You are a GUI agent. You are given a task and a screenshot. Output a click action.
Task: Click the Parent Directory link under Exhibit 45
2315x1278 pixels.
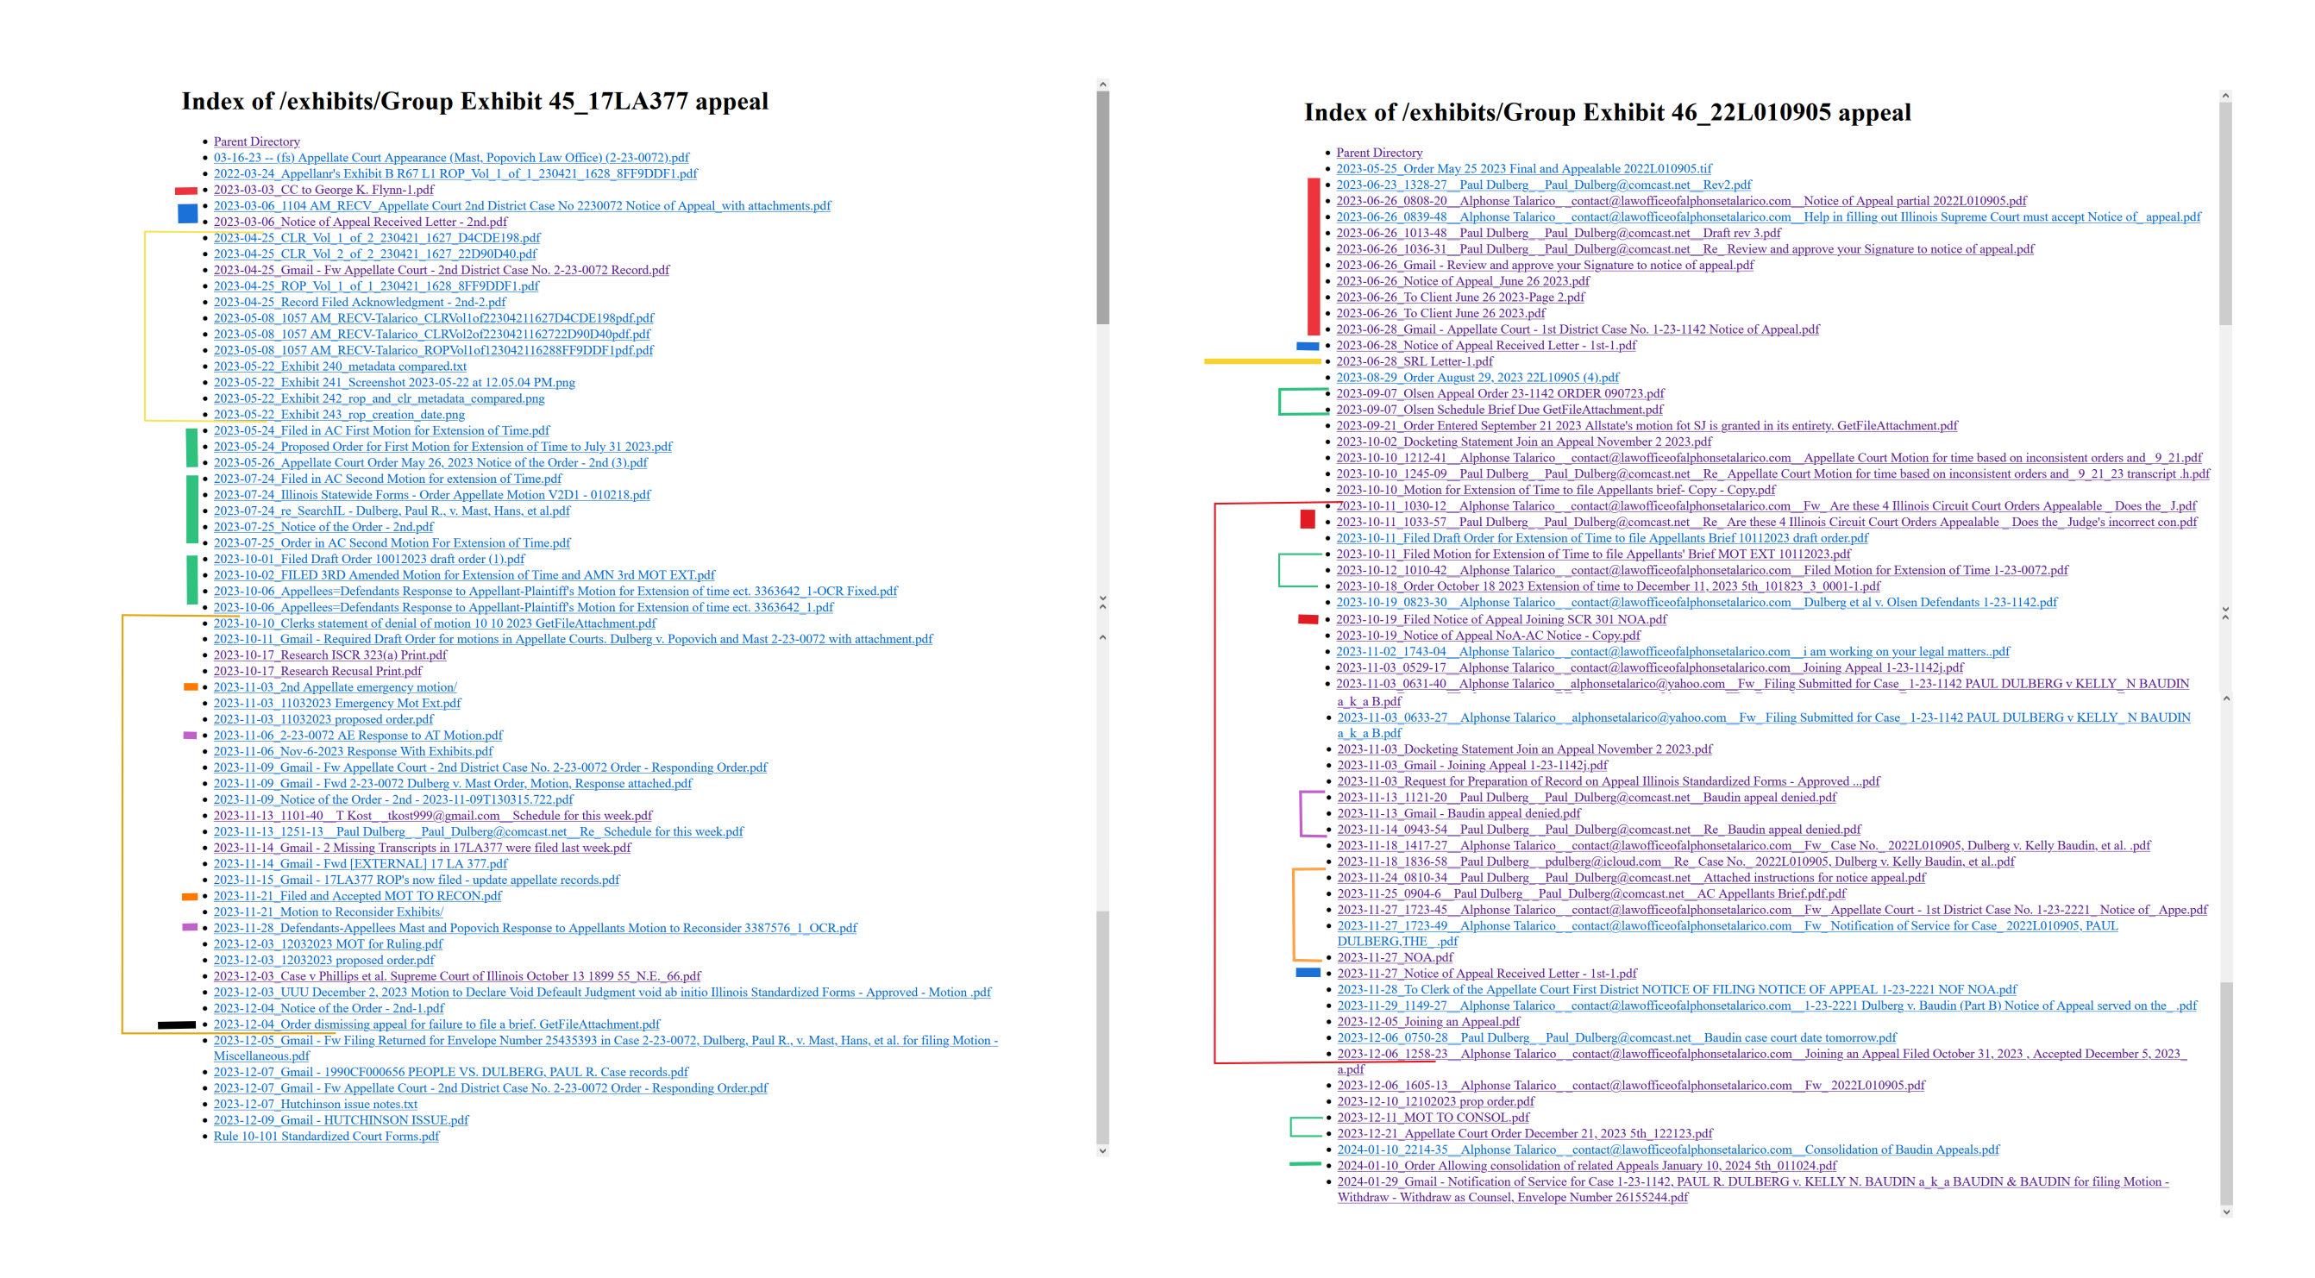click(x=256, y=141)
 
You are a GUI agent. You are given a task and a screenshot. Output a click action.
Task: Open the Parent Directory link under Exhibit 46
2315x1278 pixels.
click(x=1378, y=153)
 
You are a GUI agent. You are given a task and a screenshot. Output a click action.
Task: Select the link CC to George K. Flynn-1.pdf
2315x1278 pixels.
click(x=323, y=190)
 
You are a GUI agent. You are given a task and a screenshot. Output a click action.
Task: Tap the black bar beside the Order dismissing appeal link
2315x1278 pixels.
click(x=176, y=1024)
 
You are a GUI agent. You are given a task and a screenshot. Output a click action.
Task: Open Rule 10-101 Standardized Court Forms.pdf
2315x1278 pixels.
click(x=326, y=1136)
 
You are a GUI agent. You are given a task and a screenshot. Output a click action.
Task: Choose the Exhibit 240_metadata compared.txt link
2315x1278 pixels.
click(x=340, y=366)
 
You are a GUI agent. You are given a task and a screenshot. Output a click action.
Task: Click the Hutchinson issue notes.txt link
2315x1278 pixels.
click(x=316, y=1104)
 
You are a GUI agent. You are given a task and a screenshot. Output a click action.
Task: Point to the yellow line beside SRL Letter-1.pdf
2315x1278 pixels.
click(x=1262, y=361)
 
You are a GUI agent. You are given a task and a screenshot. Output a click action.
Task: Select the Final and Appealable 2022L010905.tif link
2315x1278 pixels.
click(x=1523, y=169)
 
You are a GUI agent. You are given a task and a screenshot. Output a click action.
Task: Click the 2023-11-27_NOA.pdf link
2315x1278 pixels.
click(x=1395, y=957)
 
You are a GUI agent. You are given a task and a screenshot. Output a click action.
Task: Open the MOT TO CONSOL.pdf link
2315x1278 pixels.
click(x=1433, y=1117)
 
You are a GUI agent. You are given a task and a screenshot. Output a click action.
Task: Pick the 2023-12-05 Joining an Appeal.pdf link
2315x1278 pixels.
click(x=1428, y=1021)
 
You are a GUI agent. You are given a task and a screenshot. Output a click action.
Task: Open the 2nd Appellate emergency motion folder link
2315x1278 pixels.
click(x=335, y=686)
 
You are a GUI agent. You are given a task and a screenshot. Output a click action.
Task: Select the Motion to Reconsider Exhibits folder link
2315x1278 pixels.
click(x=328, y=912)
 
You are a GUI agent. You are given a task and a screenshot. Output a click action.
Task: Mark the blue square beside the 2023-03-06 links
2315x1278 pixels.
click(x=187, y=213)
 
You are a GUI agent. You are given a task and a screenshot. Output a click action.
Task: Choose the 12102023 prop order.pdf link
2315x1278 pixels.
click(x=1435, y=1101)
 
